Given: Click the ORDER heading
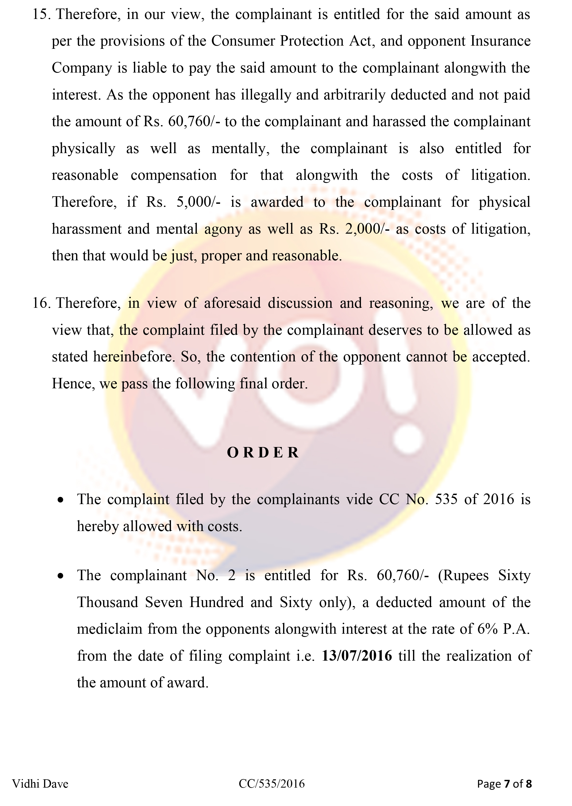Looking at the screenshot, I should click(263, 452).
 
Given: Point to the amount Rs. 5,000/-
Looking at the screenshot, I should click(183, 202).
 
